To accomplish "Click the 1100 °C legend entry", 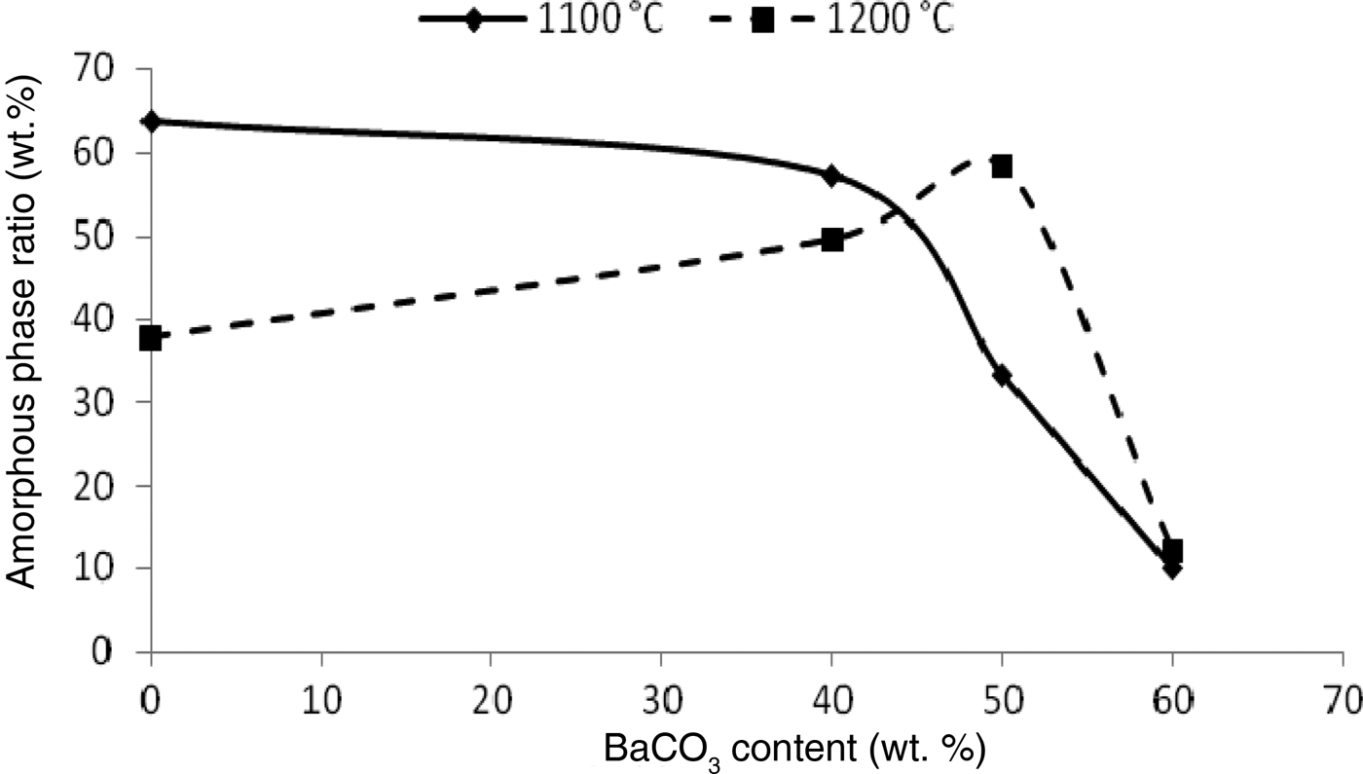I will pos(541,20).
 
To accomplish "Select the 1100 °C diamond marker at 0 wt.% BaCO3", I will pos(151,122).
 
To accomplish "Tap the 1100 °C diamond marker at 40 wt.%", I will pos(831,176).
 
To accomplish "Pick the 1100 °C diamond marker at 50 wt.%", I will pos(1002,376).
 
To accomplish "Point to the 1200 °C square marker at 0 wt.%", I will pos(151,339).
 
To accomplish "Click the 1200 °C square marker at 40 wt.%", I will pos(832,240).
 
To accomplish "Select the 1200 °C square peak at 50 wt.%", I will pos(1002,166).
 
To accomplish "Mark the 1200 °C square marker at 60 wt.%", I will pos(1173,551).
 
